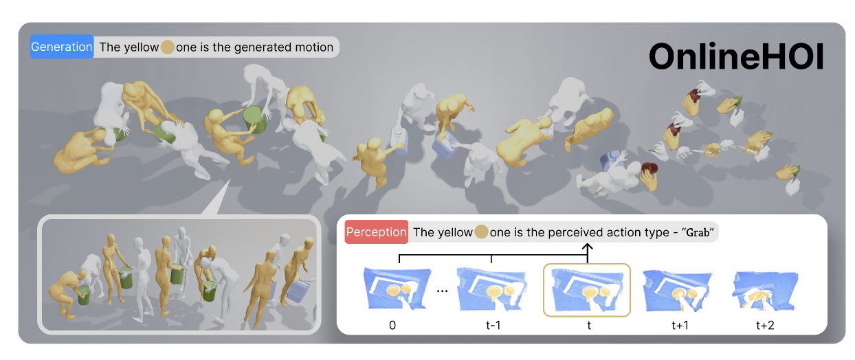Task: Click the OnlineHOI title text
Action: coord(736,56)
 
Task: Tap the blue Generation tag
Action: coord(62,47)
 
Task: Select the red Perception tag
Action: coord(377,232)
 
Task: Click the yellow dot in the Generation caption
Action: coord(167,47)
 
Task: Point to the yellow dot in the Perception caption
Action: coord(481,232)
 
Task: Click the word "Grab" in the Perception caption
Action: coord(698,232)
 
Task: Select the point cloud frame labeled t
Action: coord(587,290)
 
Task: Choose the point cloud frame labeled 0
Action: coord(397,289)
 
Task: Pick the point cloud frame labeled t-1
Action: coord(492,289)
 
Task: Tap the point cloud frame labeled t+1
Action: coord(677,290)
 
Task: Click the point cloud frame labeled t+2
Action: coord(765,291)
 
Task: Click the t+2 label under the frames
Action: coord(765,325)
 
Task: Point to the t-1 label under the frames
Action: coord(493,325)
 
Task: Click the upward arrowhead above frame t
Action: coord(588,247)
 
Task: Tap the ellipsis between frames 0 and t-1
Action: coord(442,291)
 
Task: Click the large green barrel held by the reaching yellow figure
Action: coord(254,120)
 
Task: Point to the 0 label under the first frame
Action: coord(392,325)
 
